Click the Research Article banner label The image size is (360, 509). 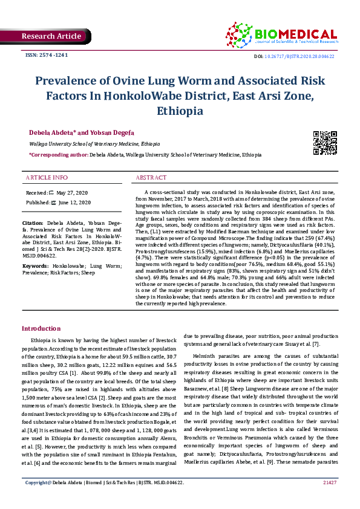tap(51, 36)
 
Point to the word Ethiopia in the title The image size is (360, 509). tap(179, 111)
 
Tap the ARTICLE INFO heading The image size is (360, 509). tap(47, 178)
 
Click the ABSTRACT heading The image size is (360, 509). tap(151, 178)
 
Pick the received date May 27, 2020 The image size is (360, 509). tap(73, 192)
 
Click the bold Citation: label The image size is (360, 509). tap(34, 223)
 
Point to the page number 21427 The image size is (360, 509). tap(330, 499)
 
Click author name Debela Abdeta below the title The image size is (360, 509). tap(52, 132)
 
